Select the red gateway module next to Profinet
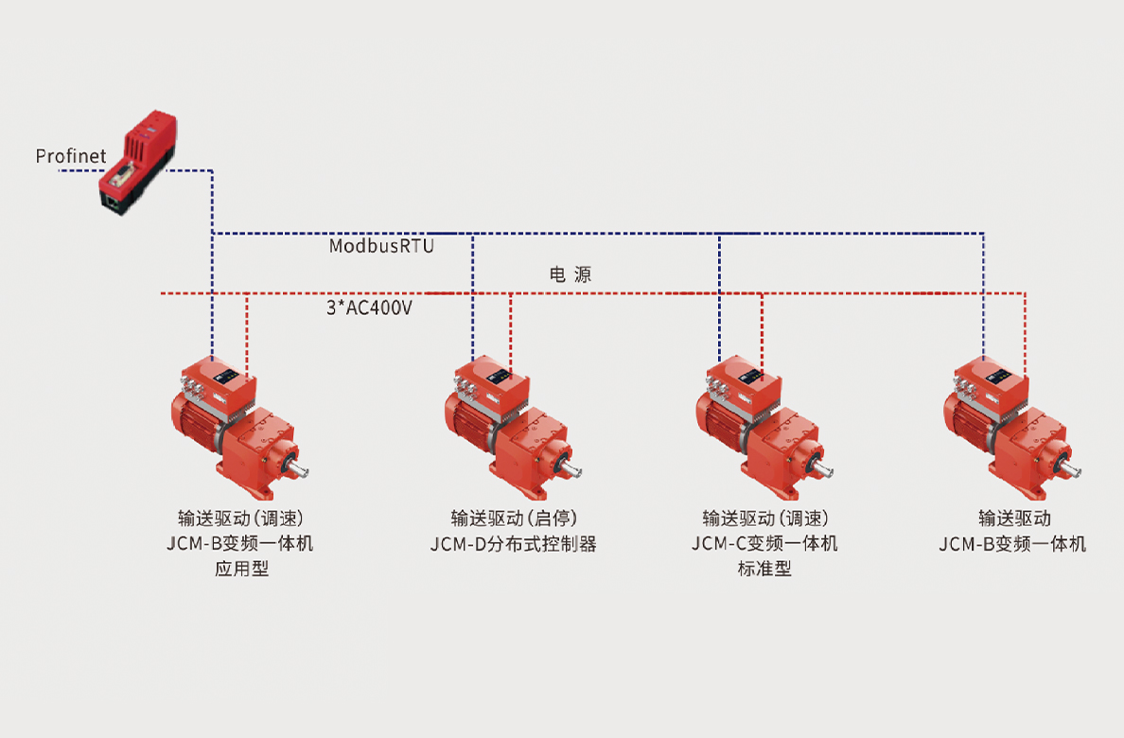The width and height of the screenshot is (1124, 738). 134,162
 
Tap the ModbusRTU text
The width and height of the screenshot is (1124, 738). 381,246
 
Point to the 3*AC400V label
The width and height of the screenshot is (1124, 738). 369,307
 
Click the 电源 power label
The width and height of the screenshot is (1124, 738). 571,274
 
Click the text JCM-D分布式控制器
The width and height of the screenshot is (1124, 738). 514,544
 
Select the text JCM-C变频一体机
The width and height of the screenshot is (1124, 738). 764,544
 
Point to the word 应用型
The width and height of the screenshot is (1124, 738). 242,570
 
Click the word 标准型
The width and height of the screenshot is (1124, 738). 764,570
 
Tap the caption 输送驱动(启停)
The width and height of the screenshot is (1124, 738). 514,518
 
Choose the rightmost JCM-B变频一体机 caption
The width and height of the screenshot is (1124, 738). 1012,544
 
